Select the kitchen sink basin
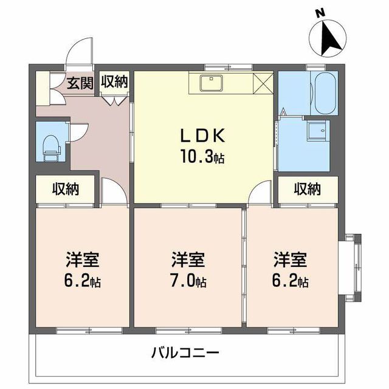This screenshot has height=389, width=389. pyautogui.click(x=213, y=82)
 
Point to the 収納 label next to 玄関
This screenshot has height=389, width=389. pyautogui.click(x=114, y=81)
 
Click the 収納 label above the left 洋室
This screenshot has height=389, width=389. pyautogui.click(x=65, y=189)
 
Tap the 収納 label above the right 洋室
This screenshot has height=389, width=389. pyautogui.click(x=308, y=189)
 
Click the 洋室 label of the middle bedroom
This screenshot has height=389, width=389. pyautogui.click(x=187, y=260)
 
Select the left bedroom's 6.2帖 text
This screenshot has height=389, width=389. pyautogui.click(x=83, y=281)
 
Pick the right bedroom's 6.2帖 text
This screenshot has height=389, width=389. pyautogui.click(x=290, y=281)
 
